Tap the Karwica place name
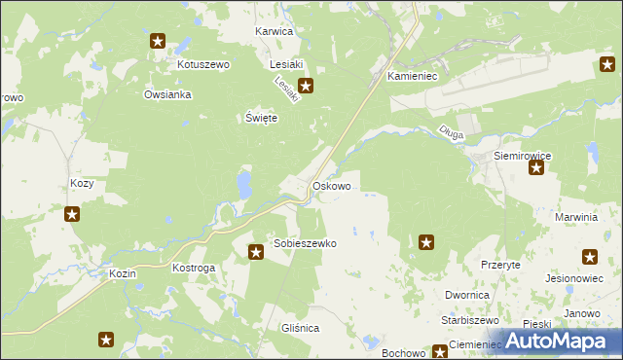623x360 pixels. coord(274,31)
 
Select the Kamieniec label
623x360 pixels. coord(415,75)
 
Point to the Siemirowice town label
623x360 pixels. coord(523,155)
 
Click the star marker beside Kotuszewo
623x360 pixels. coord(158,41)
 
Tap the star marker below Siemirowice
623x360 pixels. coord(535,168)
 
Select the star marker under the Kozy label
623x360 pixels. coord(72,214)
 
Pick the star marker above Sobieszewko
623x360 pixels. coord(256,253)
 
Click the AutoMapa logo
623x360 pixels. coord(559,341)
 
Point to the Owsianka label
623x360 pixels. coord(167,95)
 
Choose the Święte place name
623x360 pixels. coord(261,118)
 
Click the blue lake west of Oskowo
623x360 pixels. coord(242,182)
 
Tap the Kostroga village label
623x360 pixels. coord(193,267)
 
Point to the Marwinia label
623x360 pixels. coord(575,217)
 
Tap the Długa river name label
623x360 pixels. coord(450,135)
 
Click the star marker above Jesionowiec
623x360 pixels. coord(590,258)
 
